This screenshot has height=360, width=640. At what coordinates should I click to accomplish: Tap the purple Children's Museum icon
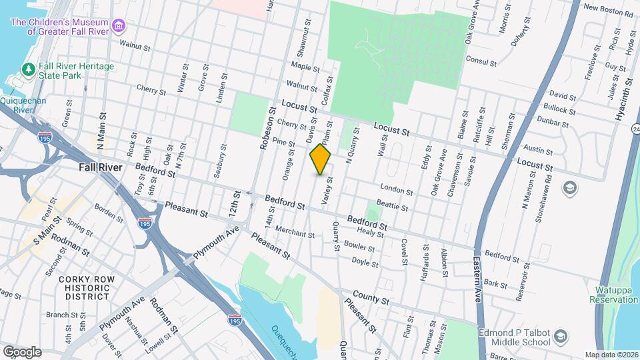119,27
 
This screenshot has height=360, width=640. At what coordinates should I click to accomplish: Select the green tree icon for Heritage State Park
28,69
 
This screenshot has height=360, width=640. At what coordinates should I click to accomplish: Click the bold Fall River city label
100,167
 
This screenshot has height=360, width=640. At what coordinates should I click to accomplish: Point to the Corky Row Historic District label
83,287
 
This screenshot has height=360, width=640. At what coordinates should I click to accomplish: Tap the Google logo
21,351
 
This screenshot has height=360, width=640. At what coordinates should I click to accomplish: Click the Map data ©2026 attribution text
611,355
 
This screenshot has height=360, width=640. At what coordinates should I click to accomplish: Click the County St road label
370,295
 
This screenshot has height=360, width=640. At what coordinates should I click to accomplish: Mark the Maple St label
307,67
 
